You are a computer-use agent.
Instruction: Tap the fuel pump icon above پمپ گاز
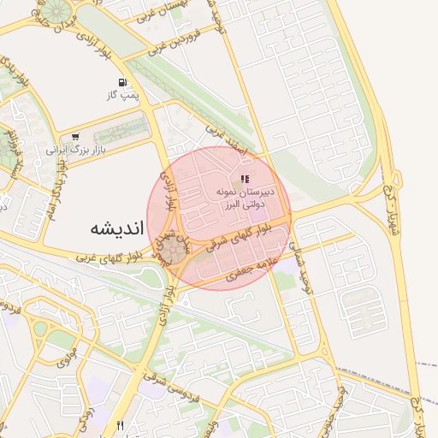(125, 83)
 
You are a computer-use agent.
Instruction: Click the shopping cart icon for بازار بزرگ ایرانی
(76, 135)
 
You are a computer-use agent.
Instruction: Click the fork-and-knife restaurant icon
(121, 425)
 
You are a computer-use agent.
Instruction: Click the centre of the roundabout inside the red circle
(175, 250)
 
